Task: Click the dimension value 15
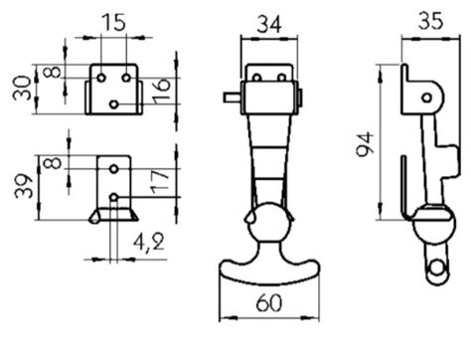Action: tap(114, 23)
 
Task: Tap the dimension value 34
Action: tap(268, 24)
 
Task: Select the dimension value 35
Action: tap(430, 21)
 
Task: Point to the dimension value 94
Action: tap(365, 144)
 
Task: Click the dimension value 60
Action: tap(269, 302)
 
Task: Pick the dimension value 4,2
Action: tap(149, 243)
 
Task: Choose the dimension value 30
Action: tap(22, 88)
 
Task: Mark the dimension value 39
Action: tap(24, 186)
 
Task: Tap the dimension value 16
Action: tap(161, 90)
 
